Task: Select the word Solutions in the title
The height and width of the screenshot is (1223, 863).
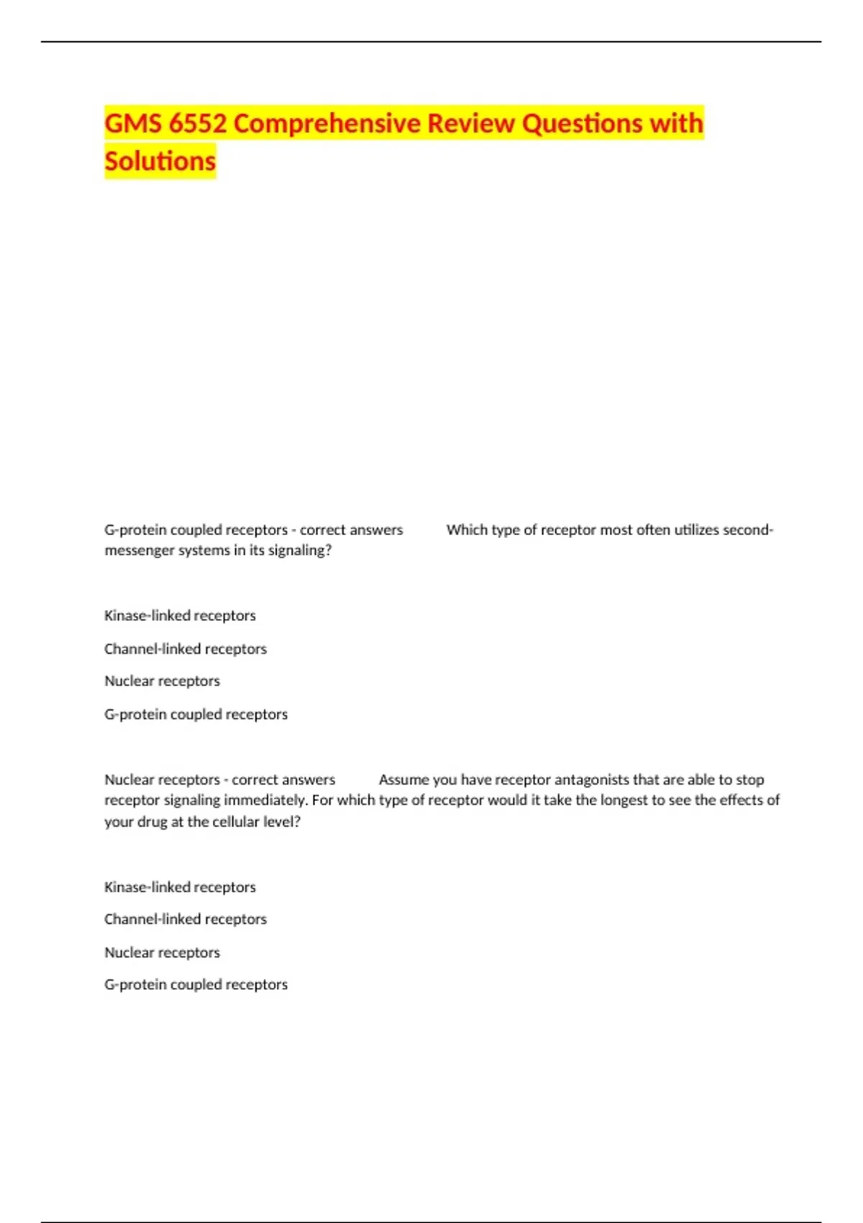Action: click(x=160, y=161)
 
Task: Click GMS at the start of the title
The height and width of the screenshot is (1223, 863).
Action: click(x=132, y=124)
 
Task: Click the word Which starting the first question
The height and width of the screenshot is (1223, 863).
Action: click(x=467, y=530)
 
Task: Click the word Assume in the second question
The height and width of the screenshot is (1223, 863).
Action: click(x=403, y=780)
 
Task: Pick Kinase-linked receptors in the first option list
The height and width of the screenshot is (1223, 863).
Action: click(x=180, y=616)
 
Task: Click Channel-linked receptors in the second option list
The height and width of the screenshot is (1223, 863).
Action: click(x=185, y=919)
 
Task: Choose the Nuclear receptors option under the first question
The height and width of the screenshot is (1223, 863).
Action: click(x=162, y=681)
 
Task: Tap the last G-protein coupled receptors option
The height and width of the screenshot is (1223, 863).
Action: click(x=196, y=985)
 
